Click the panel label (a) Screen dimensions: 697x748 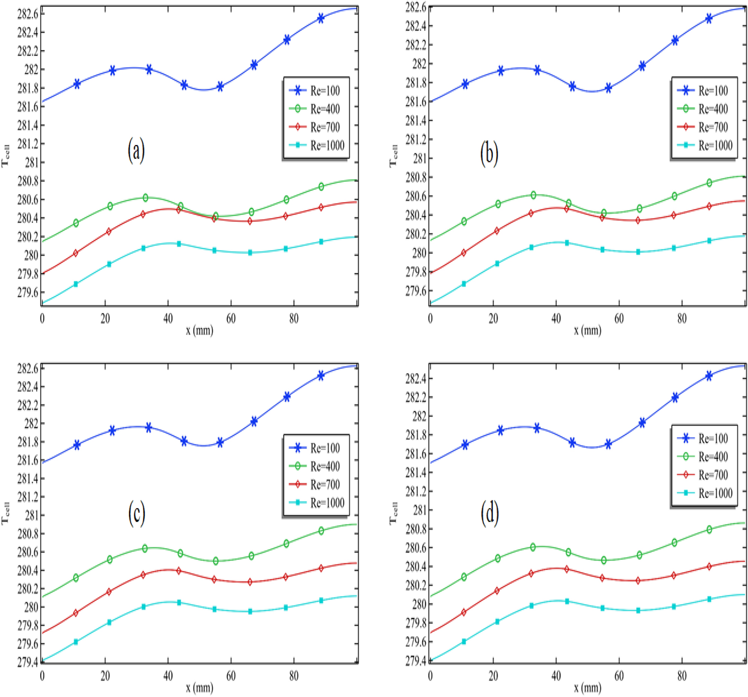pos(136,150)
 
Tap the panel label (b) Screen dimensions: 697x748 pos(489,153)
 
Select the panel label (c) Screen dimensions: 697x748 pos(136,513)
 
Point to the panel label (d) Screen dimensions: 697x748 pos(490,513)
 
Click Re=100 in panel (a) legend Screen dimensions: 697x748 pos(325,91)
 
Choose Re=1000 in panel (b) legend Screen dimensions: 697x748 pos(715,145)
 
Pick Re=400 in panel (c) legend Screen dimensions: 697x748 pos(325,466)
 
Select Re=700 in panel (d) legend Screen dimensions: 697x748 pos(713,475)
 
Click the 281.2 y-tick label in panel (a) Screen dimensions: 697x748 pos(28,144)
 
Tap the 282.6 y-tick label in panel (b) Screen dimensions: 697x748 pos(416,8)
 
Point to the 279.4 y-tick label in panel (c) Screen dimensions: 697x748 pos(28,662)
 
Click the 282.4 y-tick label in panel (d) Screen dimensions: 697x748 pos(416,379)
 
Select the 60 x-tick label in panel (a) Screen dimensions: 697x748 pos(231,319)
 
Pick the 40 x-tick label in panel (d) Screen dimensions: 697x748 pos(556,676)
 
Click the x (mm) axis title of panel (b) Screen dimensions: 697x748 pos(587,330)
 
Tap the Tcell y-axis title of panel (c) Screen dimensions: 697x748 pos(5,513)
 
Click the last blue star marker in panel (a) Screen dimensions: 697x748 pos(321,18)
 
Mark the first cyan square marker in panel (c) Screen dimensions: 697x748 pos(76,642)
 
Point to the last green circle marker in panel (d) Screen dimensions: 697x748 pos(709,530)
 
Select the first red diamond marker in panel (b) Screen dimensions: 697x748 pos(463,253)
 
